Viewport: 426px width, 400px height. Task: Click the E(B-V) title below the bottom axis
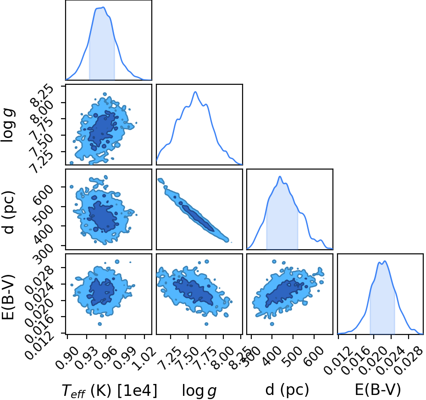pyautogui.click(x=378, y=390)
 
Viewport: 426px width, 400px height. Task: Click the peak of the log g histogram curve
pyautogui.click(x=195, y=92)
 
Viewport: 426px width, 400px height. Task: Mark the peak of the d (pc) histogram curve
pyautogui.click(x=280, y=176)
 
